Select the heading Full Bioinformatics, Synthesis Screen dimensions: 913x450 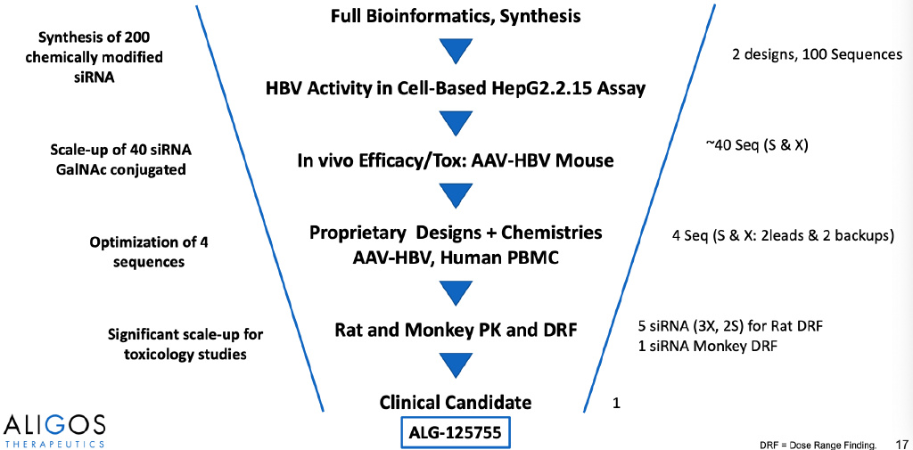456,16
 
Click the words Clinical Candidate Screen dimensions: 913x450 456,402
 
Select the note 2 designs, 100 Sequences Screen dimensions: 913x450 817,54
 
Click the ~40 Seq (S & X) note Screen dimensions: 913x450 756,146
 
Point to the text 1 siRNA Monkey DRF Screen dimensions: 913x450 708,345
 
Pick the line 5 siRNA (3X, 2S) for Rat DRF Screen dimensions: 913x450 730,325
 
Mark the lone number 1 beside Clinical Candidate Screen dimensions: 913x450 615,402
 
